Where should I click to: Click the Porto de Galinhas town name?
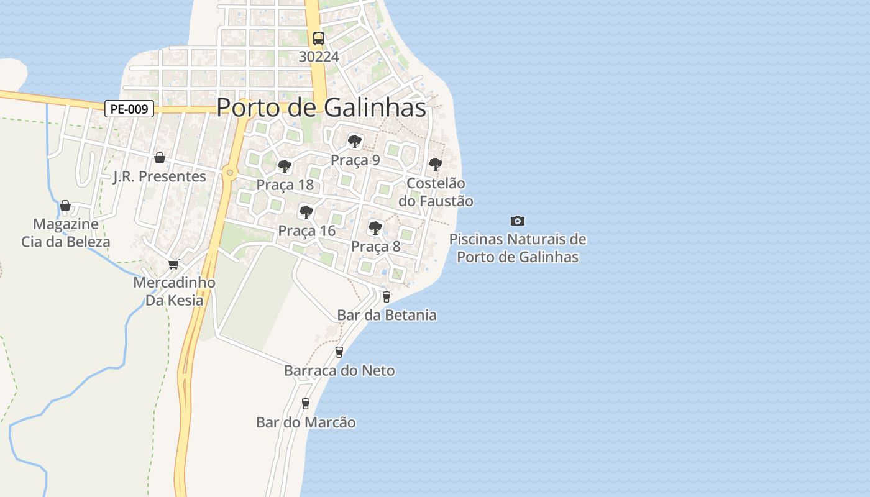pyautogui.click(x=321, y=107)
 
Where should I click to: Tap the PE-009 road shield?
pyautogui.click(x=129, y=109)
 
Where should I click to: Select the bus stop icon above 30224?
pyautogui.click(x=319, y=38)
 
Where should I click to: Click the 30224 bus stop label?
pyautogui.click(x=319, y=57)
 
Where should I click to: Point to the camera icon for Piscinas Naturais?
pyautogui.click(x=518, y=221)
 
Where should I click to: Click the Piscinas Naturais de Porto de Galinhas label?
pyautogui.click(x=518, y=248)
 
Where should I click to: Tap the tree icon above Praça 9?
pyautogui.click(x=355, y=142)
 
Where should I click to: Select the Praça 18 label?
pyautogui.click(x=285, y=185)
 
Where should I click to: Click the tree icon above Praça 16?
pyautogui.click(x=306, y=212)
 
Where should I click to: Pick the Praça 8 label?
pyautogui.click(x=376, y=247)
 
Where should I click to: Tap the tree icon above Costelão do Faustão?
pyautogui.click(x=436, y=165)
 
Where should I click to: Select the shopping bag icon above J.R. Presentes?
pyautogui.click(x=160, y=158)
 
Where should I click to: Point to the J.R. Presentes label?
pyautogui.click(x=159, y=176)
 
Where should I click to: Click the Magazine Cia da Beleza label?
pyautogui.click(x=66, y=233)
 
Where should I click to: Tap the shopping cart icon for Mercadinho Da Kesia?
pyautogui.click(x=174, y=264)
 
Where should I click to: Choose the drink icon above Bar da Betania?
pyautogui.click(x=387, y=297)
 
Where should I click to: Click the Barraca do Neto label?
pyautogui.click(x=339, y=371)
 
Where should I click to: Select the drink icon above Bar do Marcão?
pyautogui.click(x=306, y=404)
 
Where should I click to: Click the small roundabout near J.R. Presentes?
pyautogui.click(x=230, y=172)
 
